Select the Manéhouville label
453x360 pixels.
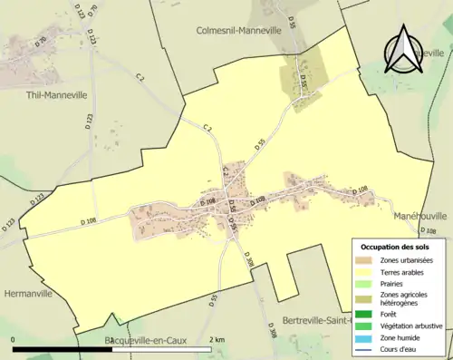point(419,217)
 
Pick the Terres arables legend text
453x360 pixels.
point(409,271)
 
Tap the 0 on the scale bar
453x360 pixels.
point(14,339)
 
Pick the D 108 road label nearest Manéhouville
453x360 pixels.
point(361,190)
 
